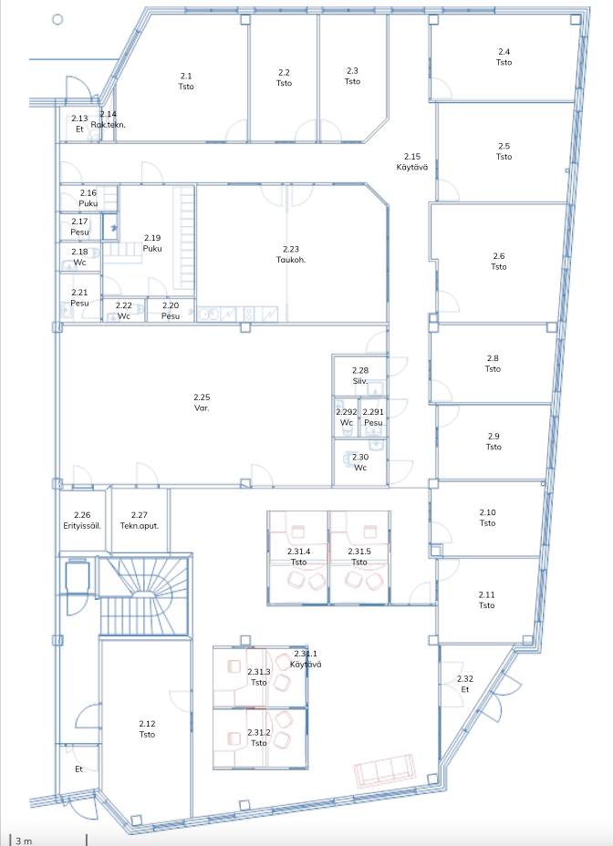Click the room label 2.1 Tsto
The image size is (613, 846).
[x=186, y=81]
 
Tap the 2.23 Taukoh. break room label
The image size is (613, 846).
[x=291, y=254]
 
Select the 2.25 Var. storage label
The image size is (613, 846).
[x=202, y=403]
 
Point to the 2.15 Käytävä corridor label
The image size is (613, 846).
[x=412, y=162]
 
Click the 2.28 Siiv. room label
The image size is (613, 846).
[x=360, y=376]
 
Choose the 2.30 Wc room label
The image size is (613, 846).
[x=360, y=462]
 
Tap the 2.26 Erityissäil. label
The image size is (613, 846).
[x=82, y=521]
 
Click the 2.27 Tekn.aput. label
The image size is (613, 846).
[x=140, y=521]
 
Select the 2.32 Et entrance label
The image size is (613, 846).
[x=465, y=684]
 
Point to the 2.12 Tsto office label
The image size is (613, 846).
[x=147, y=729]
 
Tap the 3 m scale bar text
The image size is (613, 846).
[x=23, y=841]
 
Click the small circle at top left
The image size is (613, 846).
[x=57, y=19]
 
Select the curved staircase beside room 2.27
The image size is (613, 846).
[x=145, y=594]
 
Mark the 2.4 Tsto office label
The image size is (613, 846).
[x=504, y=57]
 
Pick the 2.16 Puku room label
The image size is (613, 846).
[x=88, y=198]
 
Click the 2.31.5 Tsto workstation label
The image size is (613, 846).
[x=359, y=557]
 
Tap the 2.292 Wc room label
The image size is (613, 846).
[x=347, y=417]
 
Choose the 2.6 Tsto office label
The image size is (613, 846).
[x=499, y=261]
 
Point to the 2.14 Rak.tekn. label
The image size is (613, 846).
[x=108, y=119]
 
